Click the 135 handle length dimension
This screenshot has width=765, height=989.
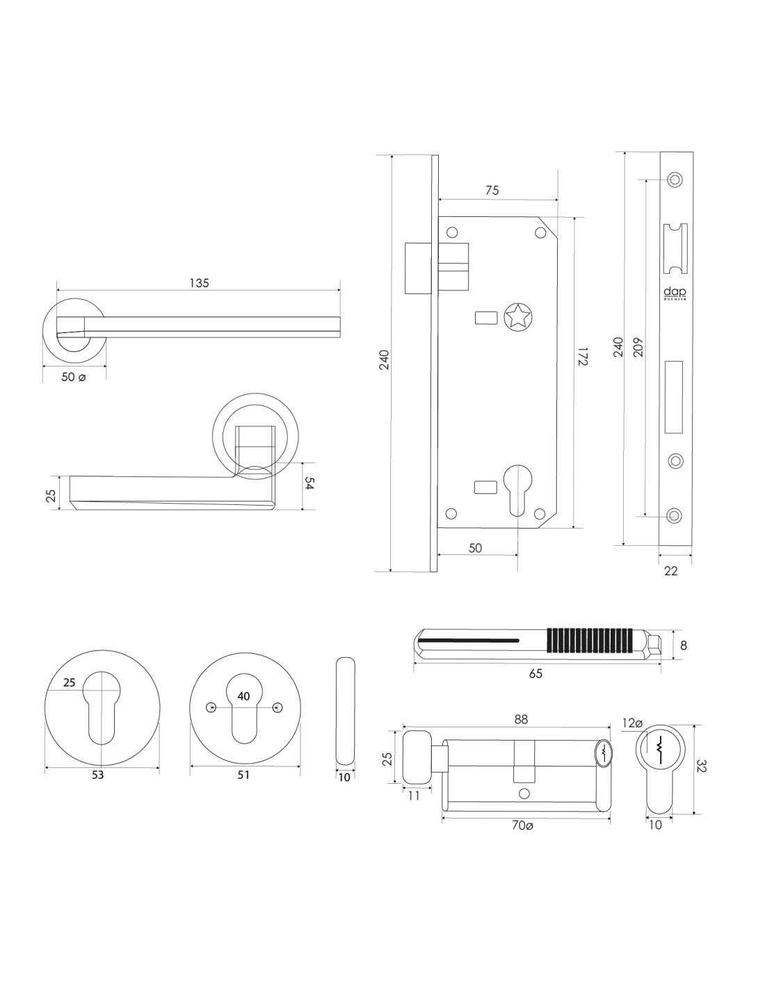pyautogui.click(x=199, y=283)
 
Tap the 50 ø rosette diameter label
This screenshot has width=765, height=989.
pyautogui.click(x=74, y=377)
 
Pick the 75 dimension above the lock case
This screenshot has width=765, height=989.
pyautogui.click(x=492, y=191)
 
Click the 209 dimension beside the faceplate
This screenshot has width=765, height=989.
pyautogui.click(x=638, y=347)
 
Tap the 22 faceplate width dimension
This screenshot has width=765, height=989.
pyautogui.click(x=671, y=571)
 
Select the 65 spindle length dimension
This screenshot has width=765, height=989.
pyautogui.click(x=535, y=673)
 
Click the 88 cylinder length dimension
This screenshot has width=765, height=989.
pyautogui.click(x=521, y=721)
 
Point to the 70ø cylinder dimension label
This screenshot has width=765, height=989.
pyautogui.click(x=522, y=826)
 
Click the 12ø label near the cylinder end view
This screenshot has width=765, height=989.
pyautogui.click(x=632, y=723)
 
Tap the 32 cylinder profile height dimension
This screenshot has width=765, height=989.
pyautogui.click(x=702, y=766)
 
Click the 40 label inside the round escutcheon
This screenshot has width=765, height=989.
pyautogui.click(x=243, y=696)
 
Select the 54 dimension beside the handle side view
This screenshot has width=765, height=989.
pyautogui.click(x=310, y=485)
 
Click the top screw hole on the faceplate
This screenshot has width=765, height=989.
pyautogui.click(x=673, y=179)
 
